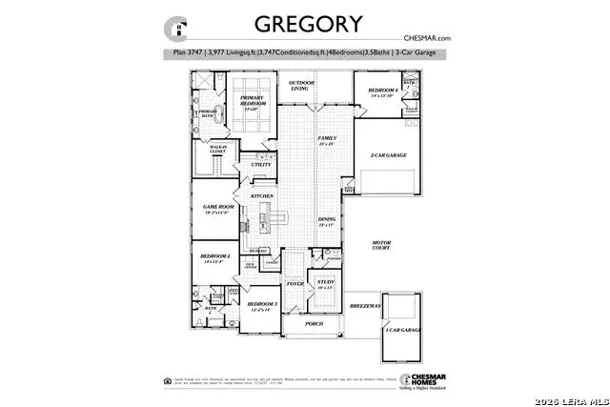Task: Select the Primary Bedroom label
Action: (252, 102)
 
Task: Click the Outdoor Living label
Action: (303, 87)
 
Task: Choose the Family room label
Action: (327, 139)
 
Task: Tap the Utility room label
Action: (261, 165)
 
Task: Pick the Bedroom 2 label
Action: (214, 256)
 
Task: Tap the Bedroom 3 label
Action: (261, 304)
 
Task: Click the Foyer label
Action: (295, 282)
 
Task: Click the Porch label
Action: (313, 323)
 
